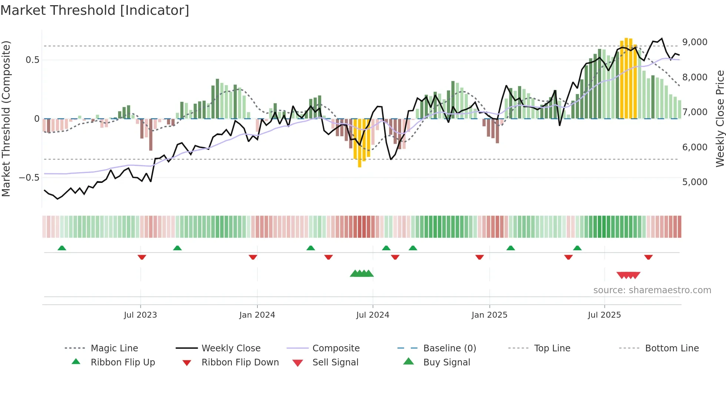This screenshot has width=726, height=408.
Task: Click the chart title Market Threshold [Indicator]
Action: pos(95,10)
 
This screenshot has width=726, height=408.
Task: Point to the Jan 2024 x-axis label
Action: pos(257,315)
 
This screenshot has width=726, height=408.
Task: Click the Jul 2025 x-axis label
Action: pos(604,315)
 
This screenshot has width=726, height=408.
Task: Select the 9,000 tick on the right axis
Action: pos(695,42)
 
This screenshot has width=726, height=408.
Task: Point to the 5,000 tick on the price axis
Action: pos(695,182)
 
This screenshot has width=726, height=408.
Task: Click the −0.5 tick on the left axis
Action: pos(29,178)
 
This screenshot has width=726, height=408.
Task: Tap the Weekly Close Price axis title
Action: pos(720,118)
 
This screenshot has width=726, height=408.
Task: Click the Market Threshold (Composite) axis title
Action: pos(6,118)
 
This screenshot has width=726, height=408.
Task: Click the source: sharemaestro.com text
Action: pos(652,290)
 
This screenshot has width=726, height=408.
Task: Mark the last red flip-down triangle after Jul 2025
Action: pos(648,257)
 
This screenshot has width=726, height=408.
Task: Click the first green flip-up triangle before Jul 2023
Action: pos(62,248)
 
